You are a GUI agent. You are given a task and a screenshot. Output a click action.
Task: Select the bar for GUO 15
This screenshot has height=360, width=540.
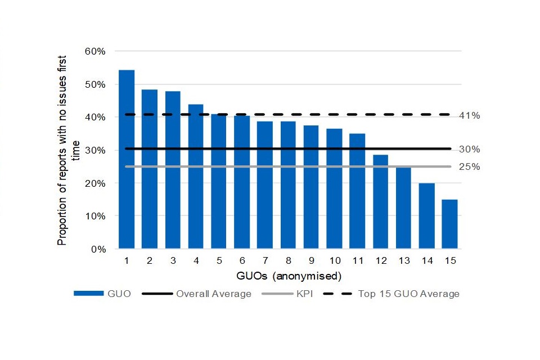pos(449,224)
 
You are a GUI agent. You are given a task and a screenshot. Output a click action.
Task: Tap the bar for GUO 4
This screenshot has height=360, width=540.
pos(196,177)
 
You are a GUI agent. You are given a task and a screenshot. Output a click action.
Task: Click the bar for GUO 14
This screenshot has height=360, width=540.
pos(426,216)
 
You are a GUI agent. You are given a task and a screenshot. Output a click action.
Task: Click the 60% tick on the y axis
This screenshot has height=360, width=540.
pos(94,51)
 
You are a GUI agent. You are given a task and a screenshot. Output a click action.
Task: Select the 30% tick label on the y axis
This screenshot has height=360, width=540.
pos(94,150)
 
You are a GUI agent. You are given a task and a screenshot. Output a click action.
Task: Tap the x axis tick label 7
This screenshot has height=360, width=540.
pos(265,261)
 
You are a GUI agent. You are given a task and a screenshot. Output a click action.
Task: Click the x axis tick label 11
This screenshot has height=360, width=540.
pos(357,261)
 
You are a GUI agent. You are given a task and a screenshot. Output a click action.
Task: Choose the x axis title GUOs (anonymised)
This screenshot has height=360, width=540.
pos(288,276)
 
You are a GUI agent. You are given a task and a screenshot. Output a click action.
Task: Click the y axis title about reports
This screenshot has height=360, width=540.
pos(69,150)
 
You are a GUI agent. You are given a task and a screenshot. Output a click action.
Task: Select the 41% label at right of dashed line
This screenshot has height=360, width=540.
pos(469,116)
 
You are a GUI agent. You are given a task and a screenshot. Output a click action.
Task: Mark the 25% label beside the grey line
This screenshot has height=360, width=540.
pos(469,167)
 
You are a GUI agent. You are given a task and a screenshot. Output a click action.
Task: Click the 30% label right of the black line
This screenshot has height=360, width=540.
pos(469,150)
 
